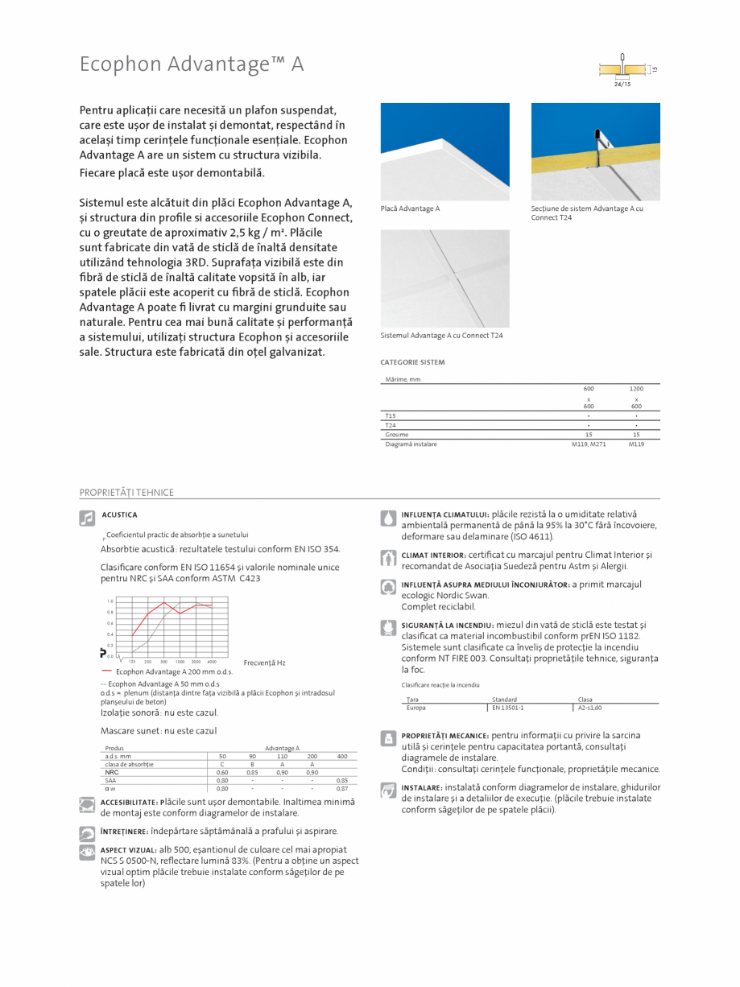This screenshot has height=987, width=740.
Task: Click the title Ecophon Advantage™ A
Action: pos(192,64)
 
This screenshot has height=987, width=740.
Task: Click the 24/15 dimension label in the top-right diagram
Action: pos(622,84)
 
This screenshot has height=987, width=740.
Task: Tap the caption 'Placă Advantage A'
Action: pos(411,209)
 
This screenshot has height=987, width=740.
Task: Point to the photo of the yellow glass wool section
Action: pos(595,151)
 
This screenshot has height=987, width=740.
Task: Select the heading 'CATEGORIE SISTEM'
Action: pos(412,362)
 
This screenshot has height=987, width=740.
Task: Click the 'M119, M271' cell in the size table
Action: pos(589,444)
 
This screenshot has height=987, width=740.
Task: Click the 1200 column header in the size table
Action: pos(636,389)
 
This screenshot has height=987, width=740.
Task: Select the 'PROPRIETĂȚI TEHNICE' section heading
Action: pos(126,493)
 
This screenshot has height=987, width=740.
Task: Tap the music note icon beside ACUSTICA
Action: pos(87,518)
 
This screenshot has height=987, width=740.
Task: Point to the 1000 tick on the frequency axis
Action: pos(180,661)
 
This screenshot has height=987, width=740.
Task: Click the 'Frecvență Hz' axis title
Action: pos(264,663)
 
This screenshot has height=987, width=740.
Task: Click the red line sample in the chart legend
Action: pos(107,670)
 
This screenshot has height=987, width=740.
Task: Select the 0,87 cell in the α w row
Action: pos(342,789)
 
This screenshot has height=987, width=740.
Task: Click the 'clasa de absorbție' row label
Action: pos(129,764)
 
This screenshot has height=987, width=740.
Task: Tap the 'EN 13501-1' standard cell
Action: pos(508,708)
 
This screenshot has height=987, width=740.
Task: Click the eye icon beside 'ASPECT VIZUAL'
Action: pos(87,853)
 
